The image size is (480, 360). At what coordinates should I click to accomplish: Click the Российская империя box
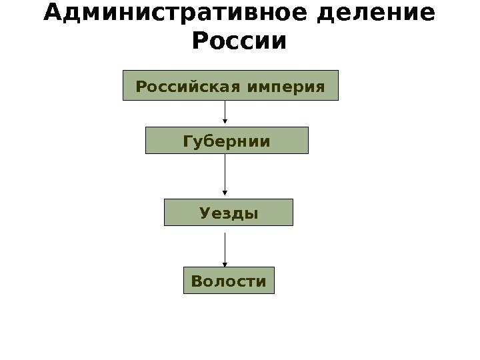pyautogui.click(x=231, y=85)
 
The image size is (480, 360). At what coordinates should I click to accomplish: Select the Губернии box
pyautogui.click(x=227, y=141)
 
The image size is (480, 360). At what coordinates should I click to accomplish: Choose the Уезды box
pyautogui.click(x=229, y=213)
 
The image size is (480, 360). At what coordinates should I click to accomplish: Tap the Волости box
pyautogui.click(x=229, y=281)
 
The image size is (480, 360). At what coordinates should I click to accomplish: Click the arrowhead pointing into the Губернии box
pyautogui.click(x=225, y=123)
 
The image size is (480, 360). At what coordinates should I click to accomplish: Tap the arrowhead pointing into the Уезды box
pyautogui.click(x=225, y=195)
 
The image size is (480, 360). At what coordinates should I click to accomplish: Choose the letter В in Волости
pyautogui.click(x=196, y=281)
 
